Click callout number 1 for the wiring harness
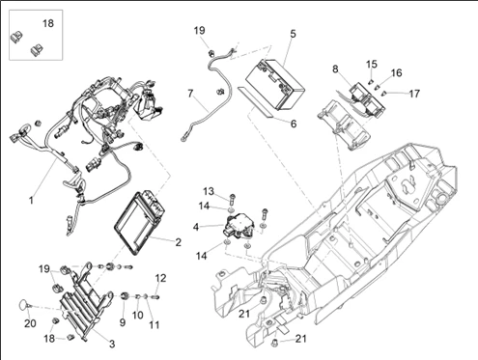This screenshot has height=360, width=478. click(x=31, y=201)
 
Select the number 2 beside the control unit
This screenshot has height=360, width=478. click(x=178, y=242)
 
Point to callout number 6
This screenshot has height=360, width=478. click(x=294, y=124)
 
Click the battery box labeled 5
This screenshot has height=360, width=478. click(x=275, y=84)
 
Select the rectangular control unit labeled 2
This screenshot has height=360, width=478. click(x=140, y=222)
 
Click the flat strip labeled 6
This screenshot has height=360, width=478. click(x=256, y=102)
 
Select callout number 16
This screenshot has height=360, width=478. click(x=397, y=73)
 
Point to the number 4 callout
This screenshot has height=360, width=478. click(x=196, y=227)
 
